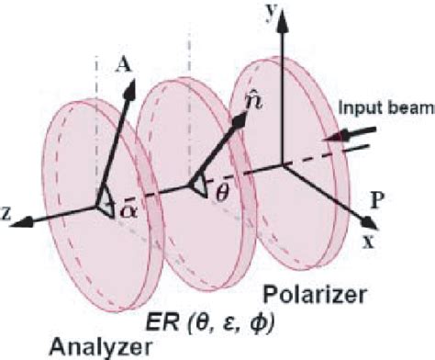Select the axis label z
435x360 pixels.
[x=8, y=212]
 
